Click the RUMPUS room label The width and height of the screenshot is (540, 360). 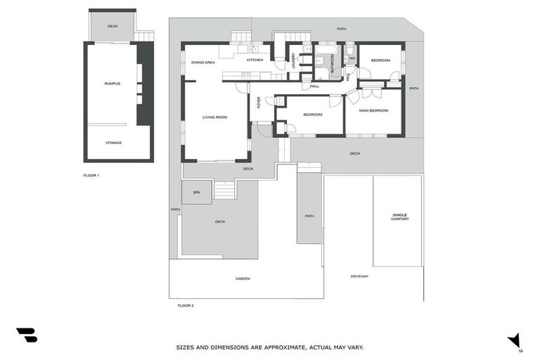coord(112,84)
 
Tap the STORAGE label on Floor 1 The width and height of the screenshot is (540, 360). coord(113,143)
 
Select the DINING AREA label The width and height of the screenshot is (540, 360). coord(203,63)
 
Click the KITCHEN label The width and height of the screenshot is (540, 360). coord(255,60)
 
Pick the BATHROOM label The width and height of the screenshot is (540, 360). coord(332,55)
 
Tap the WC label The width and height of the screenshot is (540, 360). coord(352,58)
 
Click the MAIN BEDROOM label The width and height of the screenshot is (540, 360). coord(373,110)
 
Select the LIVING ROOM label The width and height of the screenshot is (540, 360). coord(214,117)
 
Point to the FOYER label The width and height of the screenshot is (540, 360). coord(259,103)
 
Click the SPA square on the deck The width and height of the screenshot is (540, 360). coord(196,192)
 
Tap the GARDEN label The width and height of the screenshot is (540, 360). coord(243,278)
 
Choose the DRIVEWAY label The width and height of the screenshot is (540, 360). coord(359,276)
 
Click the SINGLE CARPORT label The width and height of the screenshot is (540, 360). coord(400,217)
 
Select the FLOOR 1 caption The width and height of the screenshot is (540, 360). coord(91,175)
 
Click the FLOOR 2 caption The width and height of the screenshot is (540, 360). coord(186,306)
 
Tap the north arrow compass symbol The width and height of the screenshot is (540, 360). coord(515,340)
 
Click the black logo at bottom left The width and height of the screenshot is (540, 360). coord(26,335)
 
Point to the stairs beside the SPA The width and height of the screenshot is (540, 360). coord(224,190)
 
